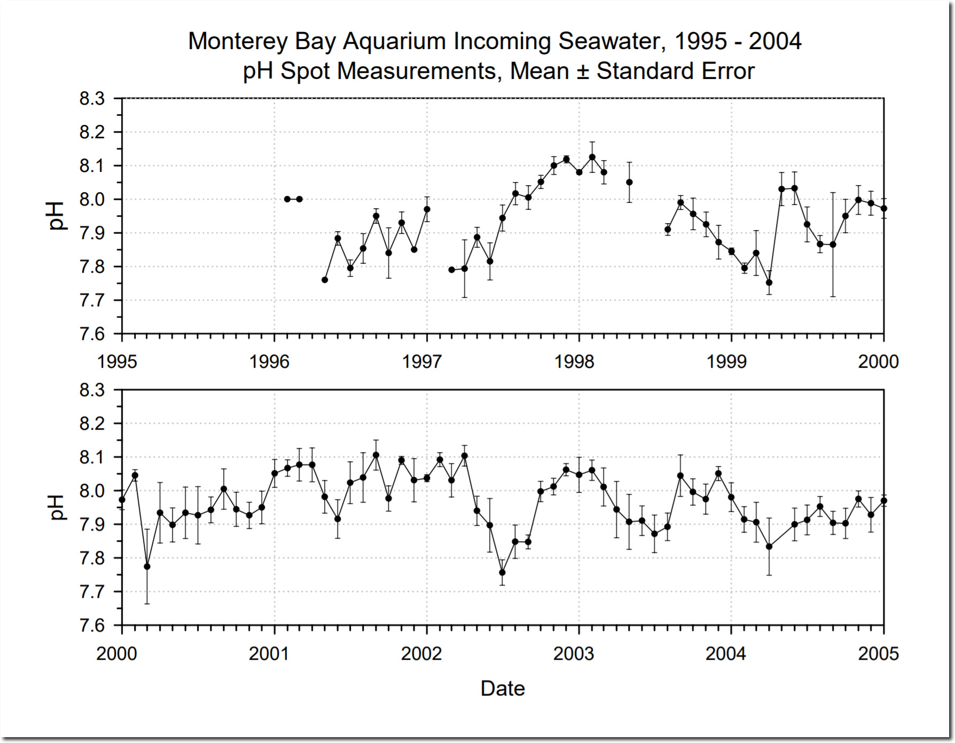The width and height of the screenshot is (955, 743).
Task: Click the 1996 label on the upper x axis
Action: click(x=269, y=362)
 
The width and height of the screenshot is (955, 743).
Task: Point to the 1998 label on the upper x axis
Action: click(x=574, y=362)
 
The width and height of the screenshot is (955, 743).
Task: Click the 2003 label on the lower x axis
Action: click(x=574, y=654)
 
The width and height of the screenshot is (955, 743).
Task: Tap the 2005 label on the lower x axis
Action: click(x=879, y=654)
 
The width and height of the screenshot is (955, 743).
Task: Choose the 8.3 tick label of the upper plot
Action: click(x=92, y=99)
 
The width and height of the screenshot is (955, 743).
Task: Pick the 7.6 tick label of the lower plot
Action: click(x=92, y=625)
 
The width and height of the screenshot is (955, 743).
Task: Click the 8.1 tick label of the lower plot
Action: click(x=92, y=457)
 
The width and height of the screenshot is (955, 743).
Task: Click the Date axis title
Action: click(x=503, y=689)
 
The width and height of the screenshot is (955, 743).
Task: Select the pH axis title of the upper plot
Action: click(x=56, y=216)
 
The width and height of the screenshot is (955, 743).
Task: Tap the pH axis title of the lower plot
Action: click(x=56, y=507)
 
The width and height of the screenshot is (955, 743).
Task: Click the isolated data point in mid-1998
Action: click(x=630, y=182)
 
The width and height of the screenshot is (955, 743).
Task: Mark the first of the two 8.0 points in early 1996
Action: click(x=287, y=199)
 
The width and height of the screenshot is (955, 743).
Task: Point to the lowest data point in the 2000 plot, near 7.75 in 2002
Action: click(x=502, y=572)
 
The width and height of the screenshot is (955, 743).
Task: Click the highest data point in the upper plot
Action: click(x=592, y=157)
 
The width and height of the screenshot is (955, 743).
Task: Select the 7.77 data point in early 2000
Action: click(x=147, y=566)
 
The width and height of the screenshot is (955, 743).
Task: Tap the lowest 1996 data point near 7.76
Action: click(x=325, y=280)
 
